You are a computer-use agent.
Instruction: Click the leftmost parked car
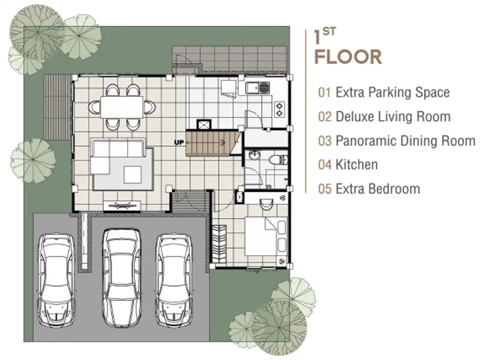point(56,279)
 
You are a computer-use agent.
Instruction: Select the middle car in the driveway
point(121,277)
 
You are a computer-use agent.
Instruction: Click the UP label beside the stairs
point(179,142)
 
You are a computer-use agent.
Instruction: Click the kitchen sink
point(258,88)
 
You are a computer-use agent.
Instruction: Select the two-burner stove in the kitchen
point(279,109)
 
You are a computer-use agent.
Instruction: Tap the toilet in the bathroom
point(278,160)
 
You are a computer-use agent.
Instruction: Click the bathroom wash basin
point(254,155)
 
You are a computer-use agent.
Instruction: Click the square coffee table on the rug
point(133,175)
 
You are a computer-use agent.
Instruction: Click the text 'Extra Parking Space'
point(393,92)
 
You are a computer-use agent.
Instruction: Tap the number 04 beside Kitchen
point(325,165)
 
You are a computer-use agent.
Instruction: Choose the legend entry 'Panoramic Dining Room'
point(397,141)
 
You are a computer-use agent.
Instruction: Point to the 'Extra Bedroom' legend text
point(378,189)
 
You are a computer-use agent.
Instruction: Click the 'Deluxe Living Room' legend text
point(393,117)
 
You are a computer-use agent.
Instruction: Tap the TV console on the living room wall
point(121,206)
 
